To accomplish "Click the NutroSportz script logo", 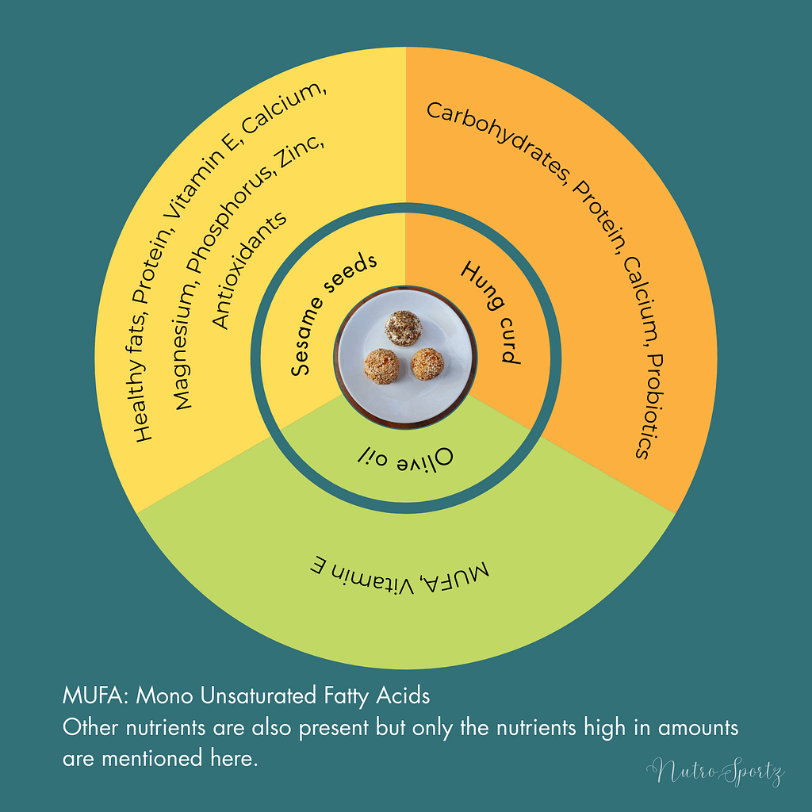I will click(x=714, y=772).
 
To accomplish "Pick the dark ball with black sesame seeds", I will click(x=403, y=328).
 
